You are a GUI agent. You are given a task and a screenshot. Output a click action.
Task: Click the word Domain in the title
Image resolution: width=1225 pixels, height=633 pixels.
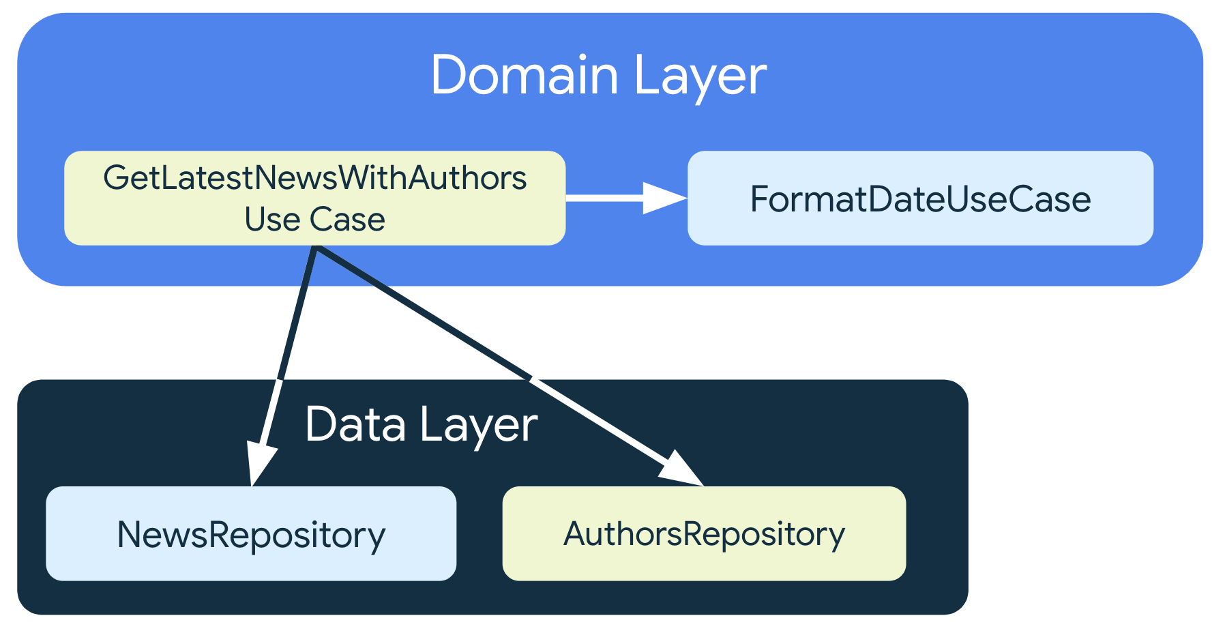point(524,75)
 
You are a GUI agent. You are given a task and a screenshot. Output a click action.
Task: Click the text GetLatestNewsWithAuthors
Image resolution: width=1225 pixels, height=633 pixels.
point(314,178)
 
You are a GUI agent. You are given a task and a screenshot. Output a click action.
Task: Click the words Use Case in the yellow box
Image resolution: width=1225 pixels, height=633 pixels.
point(314,220)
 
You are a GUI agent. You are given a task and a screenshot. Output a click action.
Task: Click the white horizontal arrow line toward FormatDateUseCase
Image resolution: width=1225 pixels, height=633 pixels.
point(604,198)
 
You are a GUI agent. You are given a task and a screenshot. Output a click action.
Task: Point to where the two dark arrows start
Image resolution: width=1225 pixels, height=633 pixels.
point(315,248)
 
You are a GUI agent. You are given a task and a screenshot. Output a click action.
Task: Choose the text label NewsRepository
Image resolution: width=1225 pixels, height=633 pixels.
point(251,535)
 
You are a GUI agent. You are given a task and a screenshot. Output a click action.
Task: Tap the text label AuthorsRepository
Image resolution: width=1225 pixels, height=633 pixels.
point(704,534)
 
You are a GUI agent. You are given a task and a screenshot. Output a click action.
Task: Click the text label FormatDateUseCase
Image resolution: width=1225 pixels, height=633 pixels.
point(920,199)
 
